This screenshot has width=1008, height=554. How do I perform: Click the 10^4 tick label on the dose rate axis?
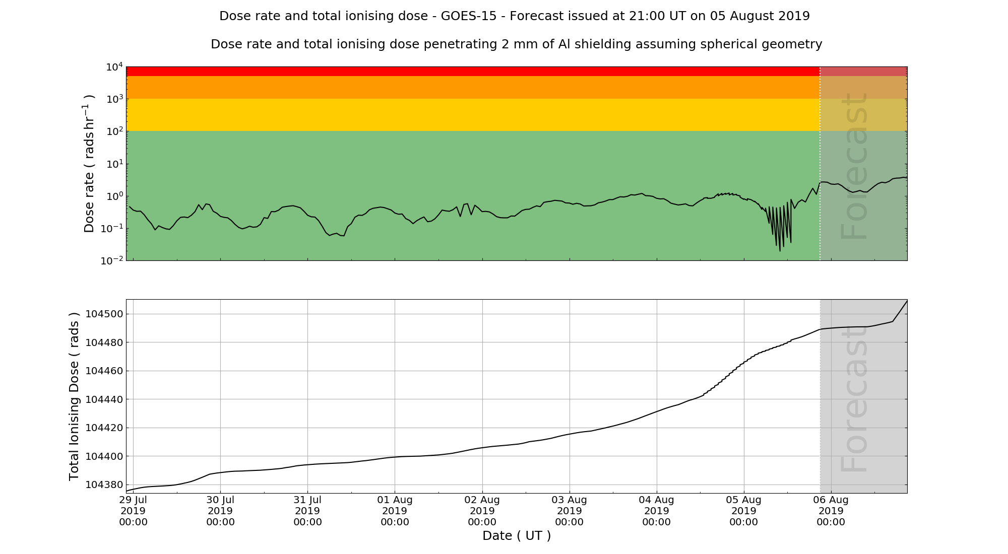point(113,66)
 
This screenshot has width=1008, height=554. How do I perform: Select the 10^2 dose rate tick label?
point(113,131)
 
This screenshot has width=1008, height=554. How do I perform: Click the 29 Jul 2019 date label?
point(133,511)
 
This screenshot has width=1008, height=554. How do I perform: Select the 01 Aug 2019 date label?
point(395,511)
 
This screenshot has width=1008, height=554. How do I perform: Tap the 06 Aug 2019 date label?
point(831,511)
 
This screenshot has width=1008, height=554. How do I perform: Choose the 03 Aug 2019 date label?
point(569,511)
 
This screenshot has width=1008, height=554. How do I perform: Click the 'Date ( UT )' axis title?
point(517,536)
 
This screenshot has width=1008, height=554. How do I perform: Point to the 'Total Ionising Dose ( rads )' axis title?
point(74,396)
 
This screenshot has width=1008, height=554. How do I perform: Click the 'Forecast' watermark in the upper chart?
point(854,166)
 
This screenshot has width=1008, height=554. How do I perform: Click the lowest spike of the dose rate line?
point(780,250)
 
